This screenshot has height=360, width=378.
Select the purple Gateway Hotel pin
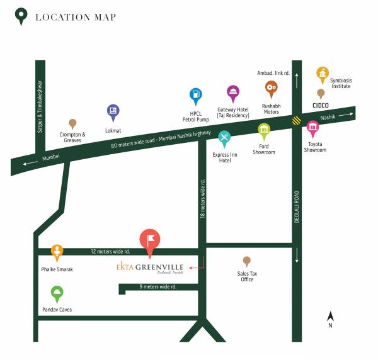pos(233,93)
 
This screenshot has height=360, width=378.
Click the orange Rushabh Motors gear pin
pos(272,89)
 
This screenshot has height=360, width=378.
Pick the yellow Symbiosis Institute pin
pos(323,74)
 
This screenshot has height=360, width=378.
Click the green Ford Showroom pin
pos(264,131)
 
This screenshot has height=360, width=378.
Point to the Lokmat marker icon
pos(113,112)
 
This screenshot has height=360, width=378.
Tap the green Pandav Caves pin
pos(57,293)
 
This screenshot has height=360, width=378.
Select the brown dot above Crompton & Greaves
pos(72,124)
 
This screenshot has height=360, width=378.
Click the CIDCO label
pos(323,107)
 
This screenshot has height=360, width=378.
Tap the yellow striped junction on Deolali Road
pos(296,120)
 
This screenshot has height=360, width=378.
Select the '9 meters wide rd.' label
pos(157,287)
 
